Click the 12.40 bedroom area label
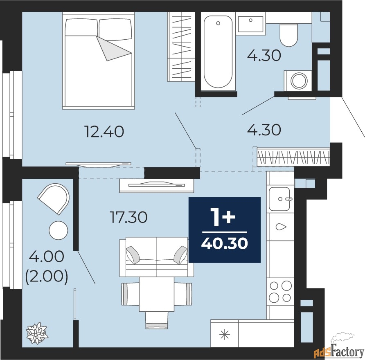(x=105, y=131)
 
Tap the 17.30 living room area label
(x=128, y=217)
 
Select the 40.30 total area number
(x=224, y=244)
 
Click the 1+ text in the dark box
(x=223, y=217)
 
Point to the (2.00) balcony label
(x=47, y=277)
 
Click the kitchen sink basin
(x=279, y=199)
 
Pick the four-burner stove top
(x=280, y=292)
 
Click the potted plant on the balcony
(x=37, y=333)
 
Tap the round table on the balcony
(x=58, y=230)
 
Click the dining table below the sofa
(x=156, y=294)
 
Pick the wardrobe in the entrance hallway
(x=293, y=157)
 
